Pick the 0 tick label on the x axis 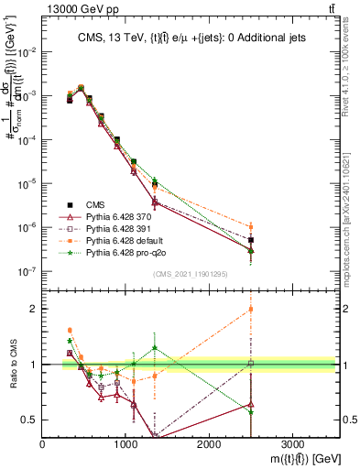tap(43, 443)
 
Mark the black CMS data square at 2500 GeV tap(251, 240)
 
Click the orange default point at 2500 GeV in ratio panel tap(251, 309)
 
